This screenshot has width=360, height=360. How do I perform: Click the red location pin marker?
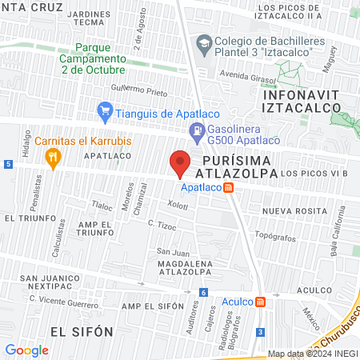tap(180, 164)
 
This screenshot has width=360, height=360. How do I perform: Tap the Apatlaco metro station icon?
tap(229, 188)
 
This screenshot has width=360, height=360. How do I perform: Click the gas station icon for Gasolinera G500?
tap(195, 130)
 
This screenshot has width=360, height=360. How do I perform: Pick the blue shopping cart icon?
tap(103, 110)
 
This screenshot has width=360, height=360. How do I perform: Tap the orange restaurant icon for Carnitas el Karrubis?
tap(54, 158)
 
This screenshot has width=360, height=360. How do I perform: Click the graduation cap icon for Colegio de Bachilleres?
tap(204, 42)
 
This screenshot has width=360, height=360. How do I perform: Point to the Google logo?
tap(26, 350)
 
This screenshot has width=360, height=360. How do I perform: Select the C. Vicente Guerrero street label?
tap(68, 298)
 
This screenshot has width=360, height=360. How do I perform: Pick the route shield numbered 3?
tap(260, 331)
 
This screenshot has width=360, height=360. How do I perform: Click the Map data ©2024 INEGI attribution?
tap(310, 354)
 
